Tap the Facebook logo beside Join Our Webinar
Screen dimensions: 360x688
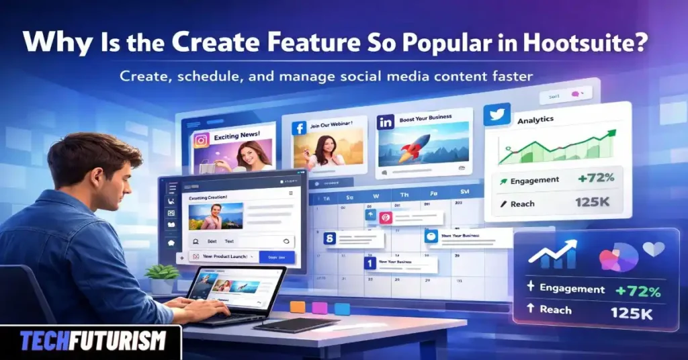pos(299,127)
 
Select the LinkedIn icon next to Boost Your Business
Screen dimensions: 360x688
pos(386,122)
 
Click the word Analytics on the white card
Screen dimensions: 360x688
pos(535,120)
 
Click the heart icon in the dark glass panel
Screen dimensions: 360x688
pos(654,249)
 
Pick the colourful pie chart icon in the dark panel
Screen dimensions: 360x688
pos(617,257)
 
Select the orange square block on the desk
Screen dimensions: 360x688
pos(297,307)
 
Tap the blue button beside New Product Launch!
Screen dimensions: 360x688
pos(276,257)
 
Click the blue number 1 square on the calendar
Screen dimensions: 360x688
pos(369,264)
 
